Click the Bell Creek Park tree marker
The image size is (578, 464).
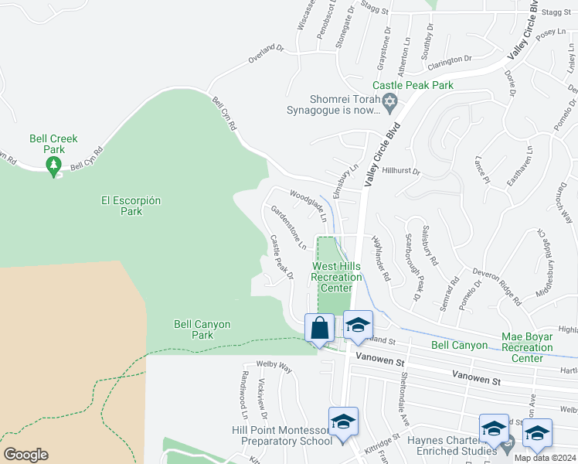point(53,165)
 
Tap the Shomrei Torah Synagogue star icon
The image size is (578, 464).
point(390,101)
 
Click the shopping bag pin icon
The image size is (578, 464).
point(319,329)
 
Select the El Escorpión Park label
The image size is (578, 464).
point(131,206)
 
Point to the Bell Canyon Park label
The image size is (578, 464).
point(202,330)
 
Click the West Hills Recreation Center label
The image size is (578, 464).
point(336,277)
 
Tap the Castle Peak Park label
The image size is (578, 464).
point(413,85)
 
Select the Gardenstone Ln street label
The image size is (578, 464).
point(288,227)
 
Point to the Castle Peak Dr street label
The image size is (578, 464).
point(281,257)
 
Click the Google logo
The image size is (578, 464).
point(25,455)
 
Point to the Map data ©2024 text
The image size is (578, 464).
point(544,458)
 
